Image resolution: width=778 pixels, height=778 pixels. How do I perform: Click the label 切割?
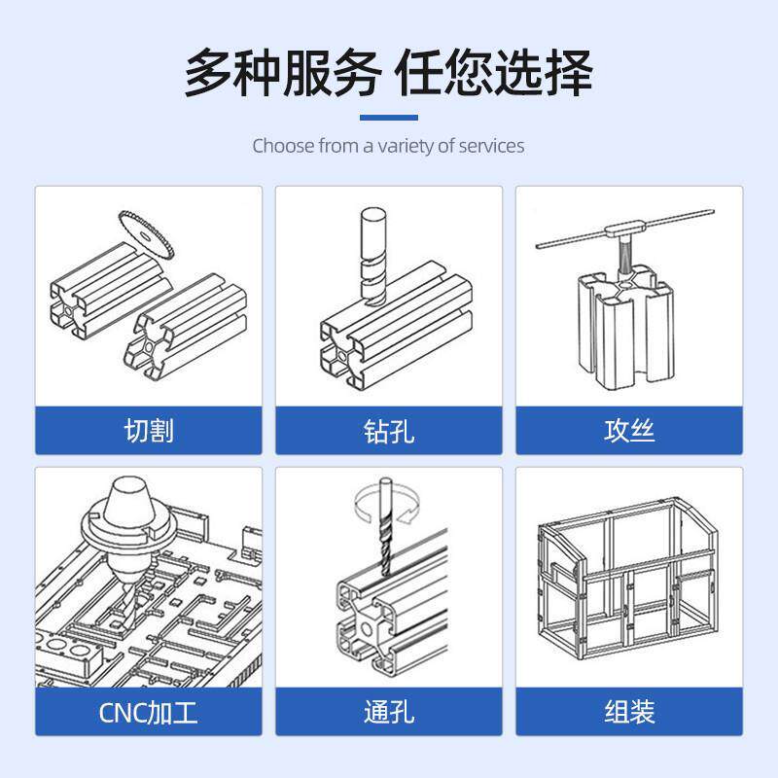click(x=149, y=430)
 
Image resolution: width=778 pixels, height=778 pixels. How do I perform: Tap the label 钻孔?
click(x=389, y=430)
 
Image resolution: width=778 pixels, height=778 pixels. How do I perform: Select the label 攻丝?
click(x=629, y=430)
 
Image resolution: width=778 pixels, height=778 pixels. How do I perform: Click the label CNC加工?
click(x=149, y=712)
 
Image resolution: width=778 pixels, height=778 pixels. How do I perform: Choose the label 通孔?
click(x=389, y=712)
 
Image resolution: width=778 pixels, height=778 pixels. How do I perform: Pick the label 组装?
click(x=629, y=712)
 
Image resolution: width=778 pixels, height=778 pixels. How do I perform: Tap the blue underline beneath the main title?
click(x=389, y=118)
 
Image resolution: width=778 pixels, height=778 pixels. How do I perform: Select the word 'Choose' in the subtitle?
click(x=284, y=146)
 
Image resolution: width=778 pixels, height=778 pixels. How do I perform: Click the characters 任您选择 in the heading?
click(x=493, y=72)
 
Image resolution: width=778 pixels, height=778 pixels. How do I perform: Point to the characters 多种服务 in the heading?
click(x=282, y=72)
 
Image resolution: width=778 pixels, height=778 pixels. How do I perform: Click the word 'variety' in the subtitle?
click(x=406, y=146)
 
